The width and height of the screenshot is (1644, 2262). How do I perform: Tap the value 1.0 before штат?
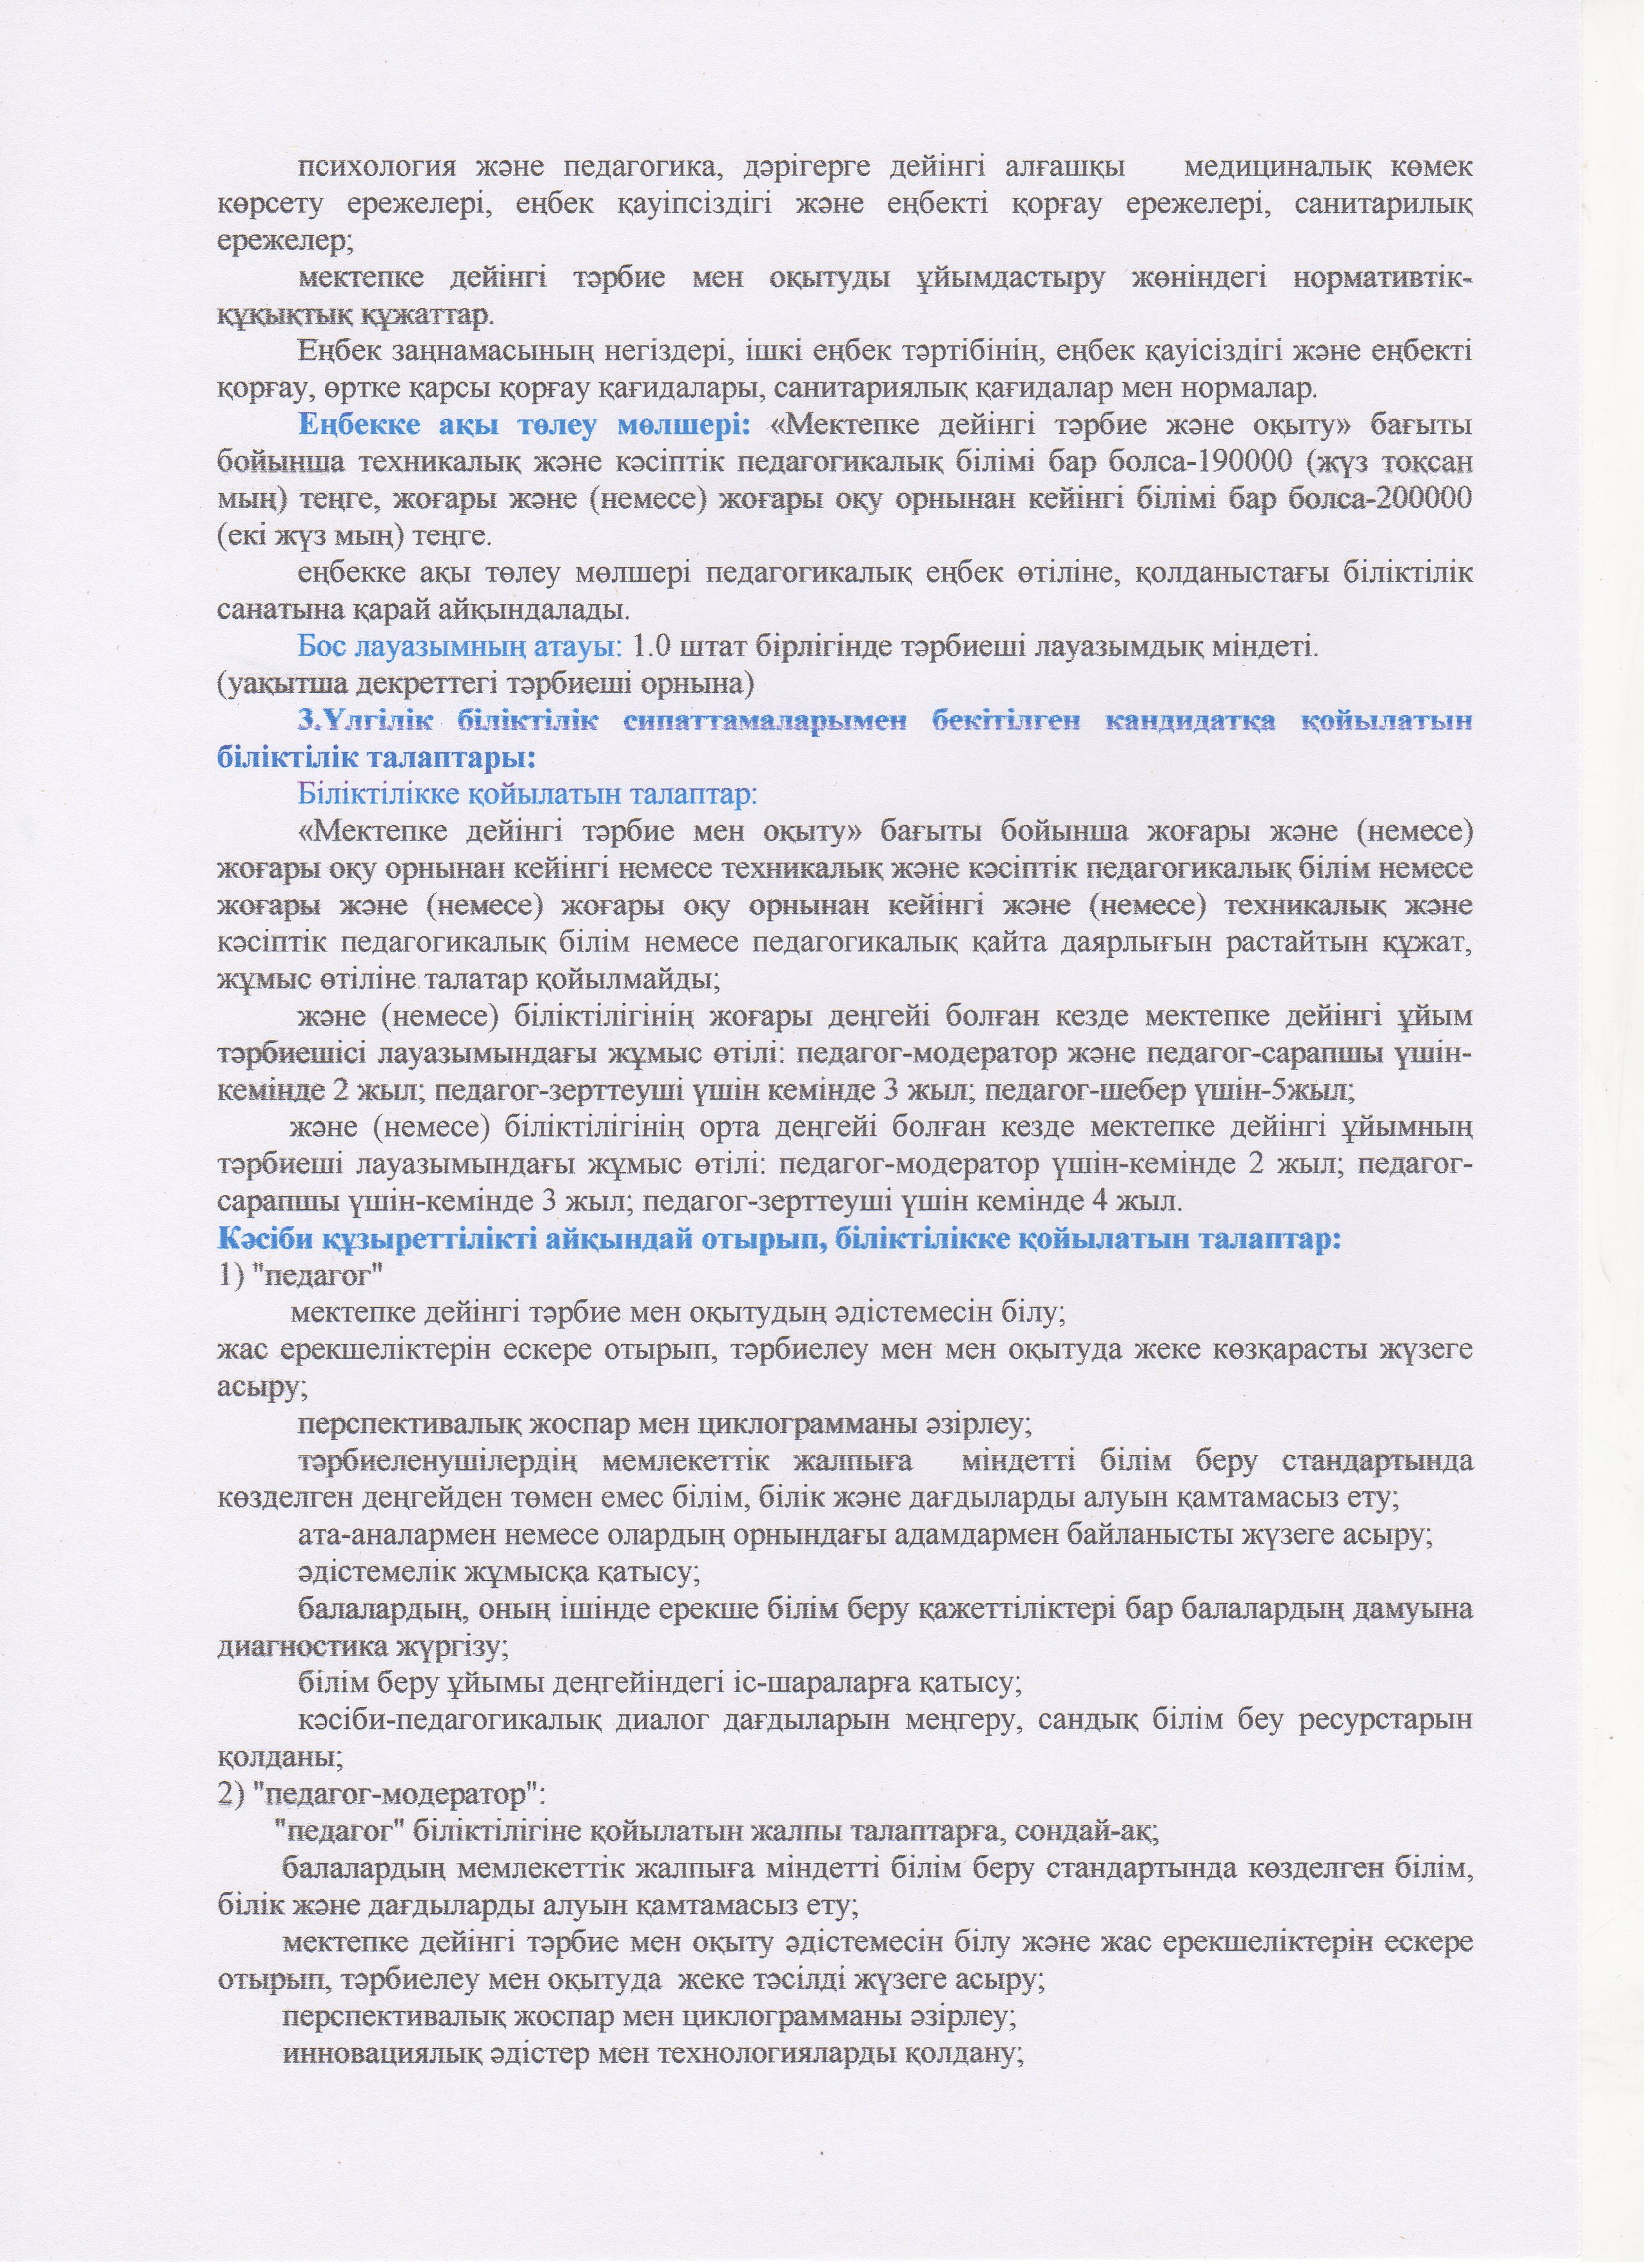tap(652, 647)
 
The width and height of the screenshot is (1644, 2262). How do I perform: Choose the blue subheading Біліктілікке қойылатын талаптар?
tap(528, 795)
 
